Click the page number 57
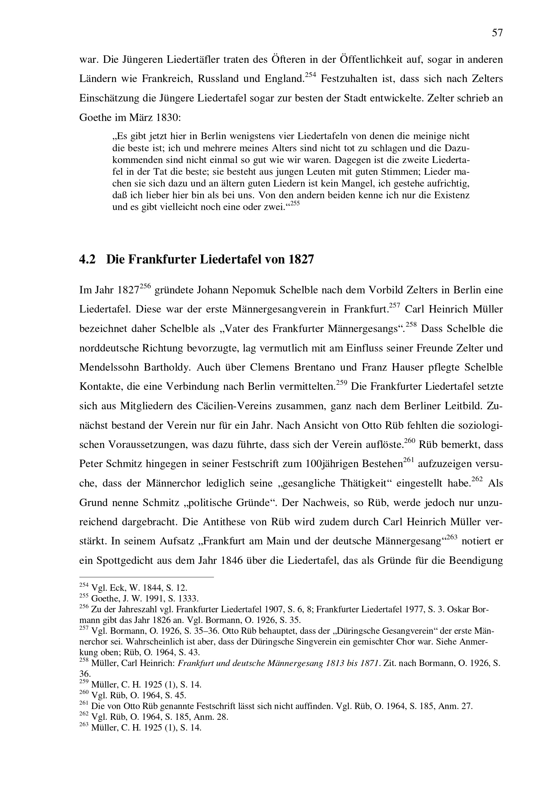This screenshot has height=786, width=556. click(x=497, y=33)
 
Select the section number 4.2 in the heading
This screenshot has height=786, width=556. click(x=87, y=259)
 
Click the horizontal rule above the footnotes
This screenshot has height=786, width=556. click(x=146, y=577)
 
